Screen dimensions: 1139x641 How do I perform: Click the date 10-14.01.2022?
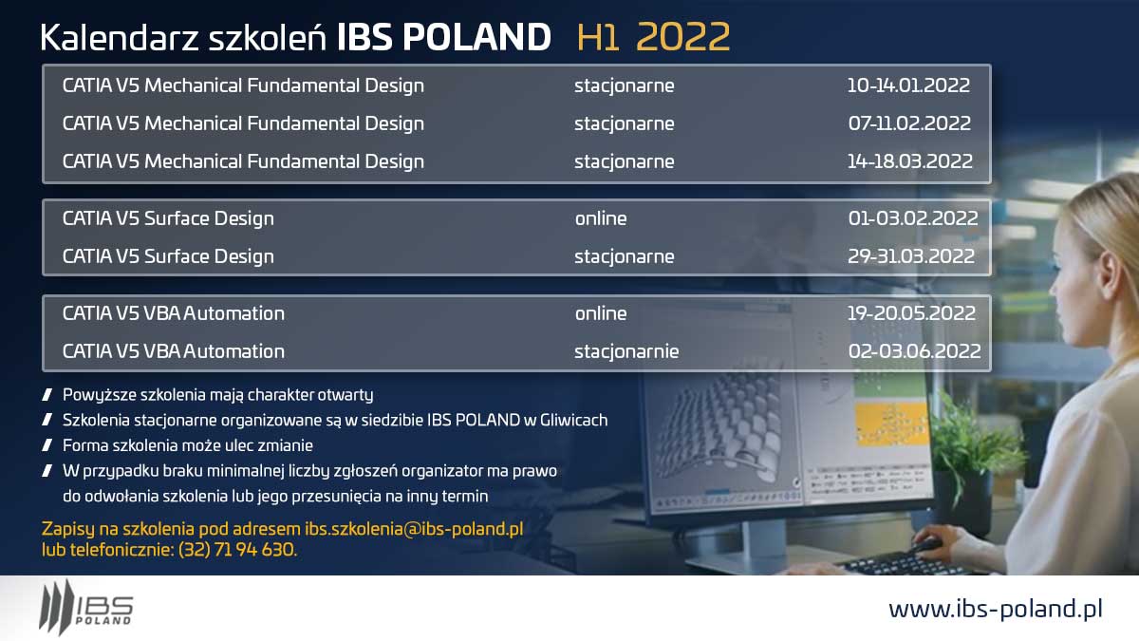tap(908, 85)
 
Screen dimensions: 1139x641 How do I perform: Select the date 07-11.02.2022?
tap(909, 123)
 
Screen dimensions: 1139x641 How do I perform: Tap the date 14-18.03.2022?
tap(910, 161)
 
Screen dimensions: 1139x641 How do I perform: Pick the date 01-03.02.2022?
tap(913, 218)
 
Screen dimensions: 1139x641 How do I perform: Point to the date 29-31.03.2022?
tap(911, 256)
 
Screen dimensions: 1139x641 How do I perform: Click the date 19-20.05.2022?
tap(912, 313)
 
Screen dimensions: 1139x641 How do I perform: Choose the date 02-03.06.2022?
tap(915, 351)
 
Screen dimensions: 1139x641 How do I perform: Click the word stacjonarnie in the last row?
tap(626, 351)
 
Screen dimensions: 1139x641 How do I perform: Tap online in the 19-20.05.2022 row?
tap(601, 313)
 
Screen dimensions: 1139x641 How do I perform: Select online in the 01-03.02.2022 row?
tap(601, 218)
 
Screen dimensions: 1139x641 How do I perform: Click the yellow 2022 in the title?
tap(682, 37)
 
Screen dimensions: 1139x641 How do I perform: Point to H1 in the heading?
tap(598, 38)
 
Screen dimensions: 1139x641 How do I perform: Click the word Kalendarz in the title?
tap(119, 38)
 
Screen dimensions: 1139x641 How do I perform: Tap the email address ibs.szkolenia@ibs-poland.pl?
tap(414, 529)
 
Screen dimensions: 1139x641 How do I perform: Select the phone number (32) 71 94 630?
tap(236, 550)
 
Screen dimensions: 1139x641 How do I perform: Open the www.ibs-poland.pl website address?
tap(996, 610)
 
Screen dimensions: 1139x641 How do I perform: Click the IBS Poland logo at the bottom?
tap(86, 607)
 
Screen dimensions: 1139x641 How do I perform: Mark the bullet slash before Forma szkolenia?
tap(47, 445)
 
